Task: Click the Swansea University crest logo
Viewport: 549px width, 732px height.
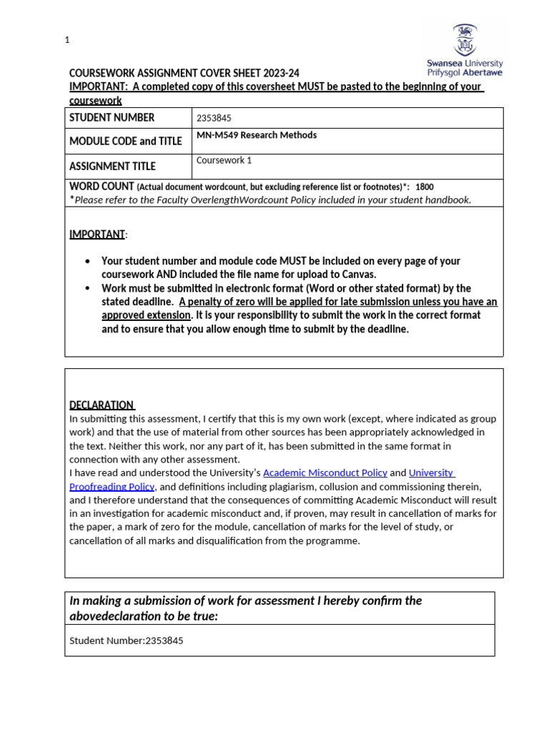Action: [464, 40]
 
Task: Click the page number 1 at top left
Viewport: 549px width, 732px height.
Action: [67, 40]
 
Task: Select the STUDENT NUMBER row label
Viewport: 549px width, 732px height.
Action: [112, 118]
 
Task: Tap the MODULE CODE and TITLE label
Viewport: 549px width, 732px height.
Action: [126, 142]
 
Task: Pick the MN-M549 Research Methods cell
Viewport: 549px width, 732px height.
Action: [257, 135]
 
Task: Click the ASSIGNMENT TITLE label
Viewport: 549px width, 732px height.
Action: [112, 167]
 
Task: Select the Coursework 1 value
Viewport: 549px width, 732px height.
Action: [224, 160]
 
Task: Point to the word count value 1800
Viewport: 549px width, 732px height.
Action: [424, 187]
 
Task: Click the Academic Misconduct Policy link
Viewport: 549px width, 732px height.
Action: [325, 473]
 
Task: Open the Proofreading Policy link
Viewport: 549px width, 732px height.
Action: [112, 486]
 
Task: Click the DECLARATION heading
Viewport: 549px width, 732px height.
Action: [101, 405]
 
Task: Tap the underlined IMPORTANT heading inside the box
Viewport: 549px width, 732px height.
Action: [97, 234]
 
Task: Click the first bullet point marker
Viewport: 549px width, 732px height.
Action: [87, 262]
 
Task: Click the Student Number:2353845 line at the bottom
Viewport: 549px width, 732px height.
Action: [127, 640]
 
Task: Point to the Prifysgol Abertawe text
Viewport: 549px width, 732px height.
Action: [465, 73]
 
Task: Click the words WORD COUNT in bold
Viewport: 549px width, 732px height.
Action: [102, 186]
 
